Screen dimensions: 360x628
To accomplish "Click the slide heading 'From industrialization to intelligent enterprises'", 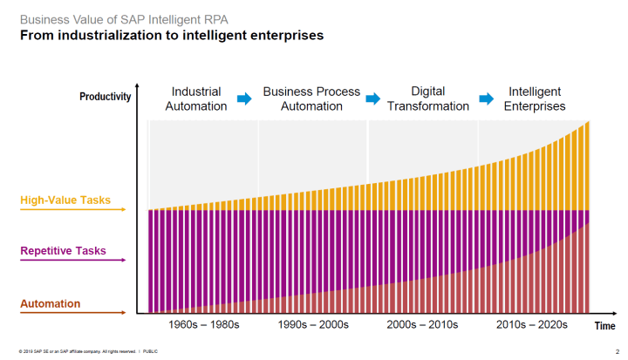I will [172, 36].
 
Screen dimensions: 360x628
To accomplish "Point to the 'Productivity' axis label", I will [105, 97].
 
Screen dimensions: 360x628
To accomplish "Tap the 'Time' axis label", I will [605, 326].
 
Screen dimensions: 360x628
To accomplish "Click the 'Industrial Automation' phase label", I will [196, 98].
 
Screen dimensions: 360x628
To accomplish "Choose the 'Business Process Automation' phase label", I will [311, 98].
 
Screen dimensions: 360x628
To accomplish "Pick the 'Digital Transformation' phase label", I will [427, 98].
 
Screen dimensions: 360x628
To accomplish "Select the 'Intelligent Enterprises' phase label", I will [534, 98].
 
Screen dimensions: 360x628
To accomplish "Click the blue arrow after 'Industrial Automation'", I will [244, 99].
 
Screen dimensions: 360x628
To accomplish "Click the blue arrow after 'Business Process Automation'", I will [373, 99].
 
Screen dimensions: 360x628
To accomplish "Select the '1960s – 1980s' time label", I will [204, 324].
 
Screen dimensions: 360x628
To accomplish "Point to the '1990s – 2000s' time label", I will [313, 324].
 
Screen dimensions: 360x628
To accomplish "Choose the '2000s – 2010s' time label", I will [423, 324].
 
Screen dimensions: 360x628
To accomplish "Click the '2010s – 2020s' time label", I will [532, 324].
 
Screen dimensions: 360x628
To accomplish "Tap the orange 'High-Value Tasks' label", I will [65, 200].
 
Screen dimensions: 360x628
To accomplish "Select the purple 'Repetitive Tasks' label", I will [63, 251].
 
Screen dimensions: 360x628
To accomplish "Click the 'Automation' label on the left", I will [50, 303].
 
